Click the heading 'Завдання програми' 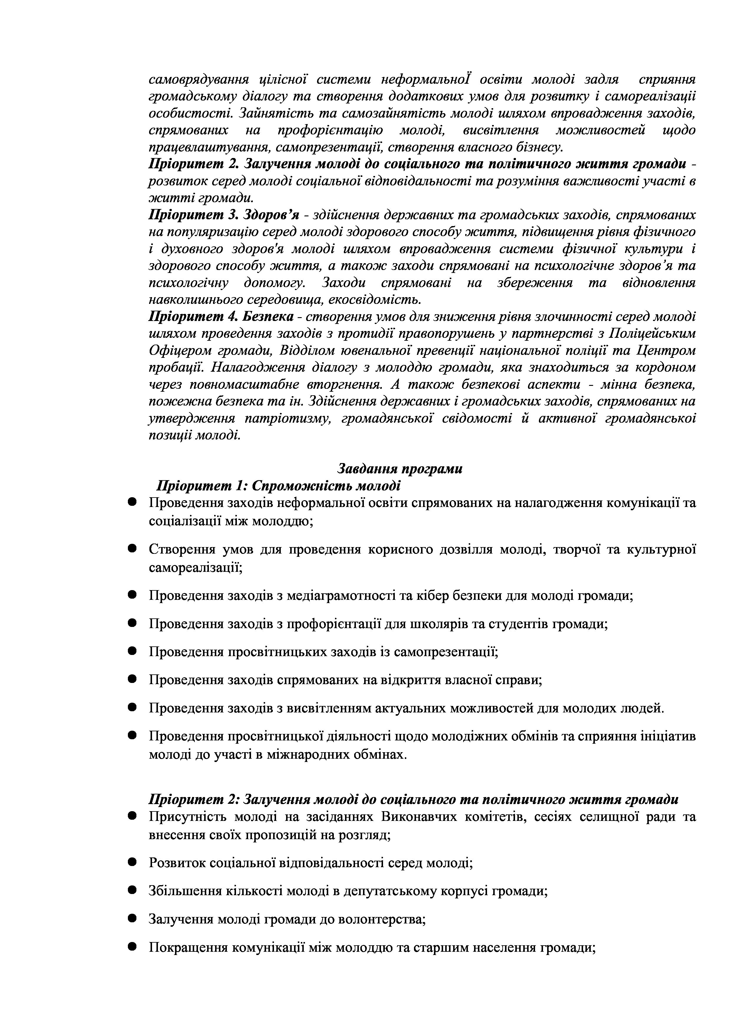click(x=400, y=469)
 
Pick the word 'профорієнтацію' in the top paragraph click(x=330, y=130)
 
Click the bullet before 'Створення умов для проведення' click(x=132, y=549)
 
